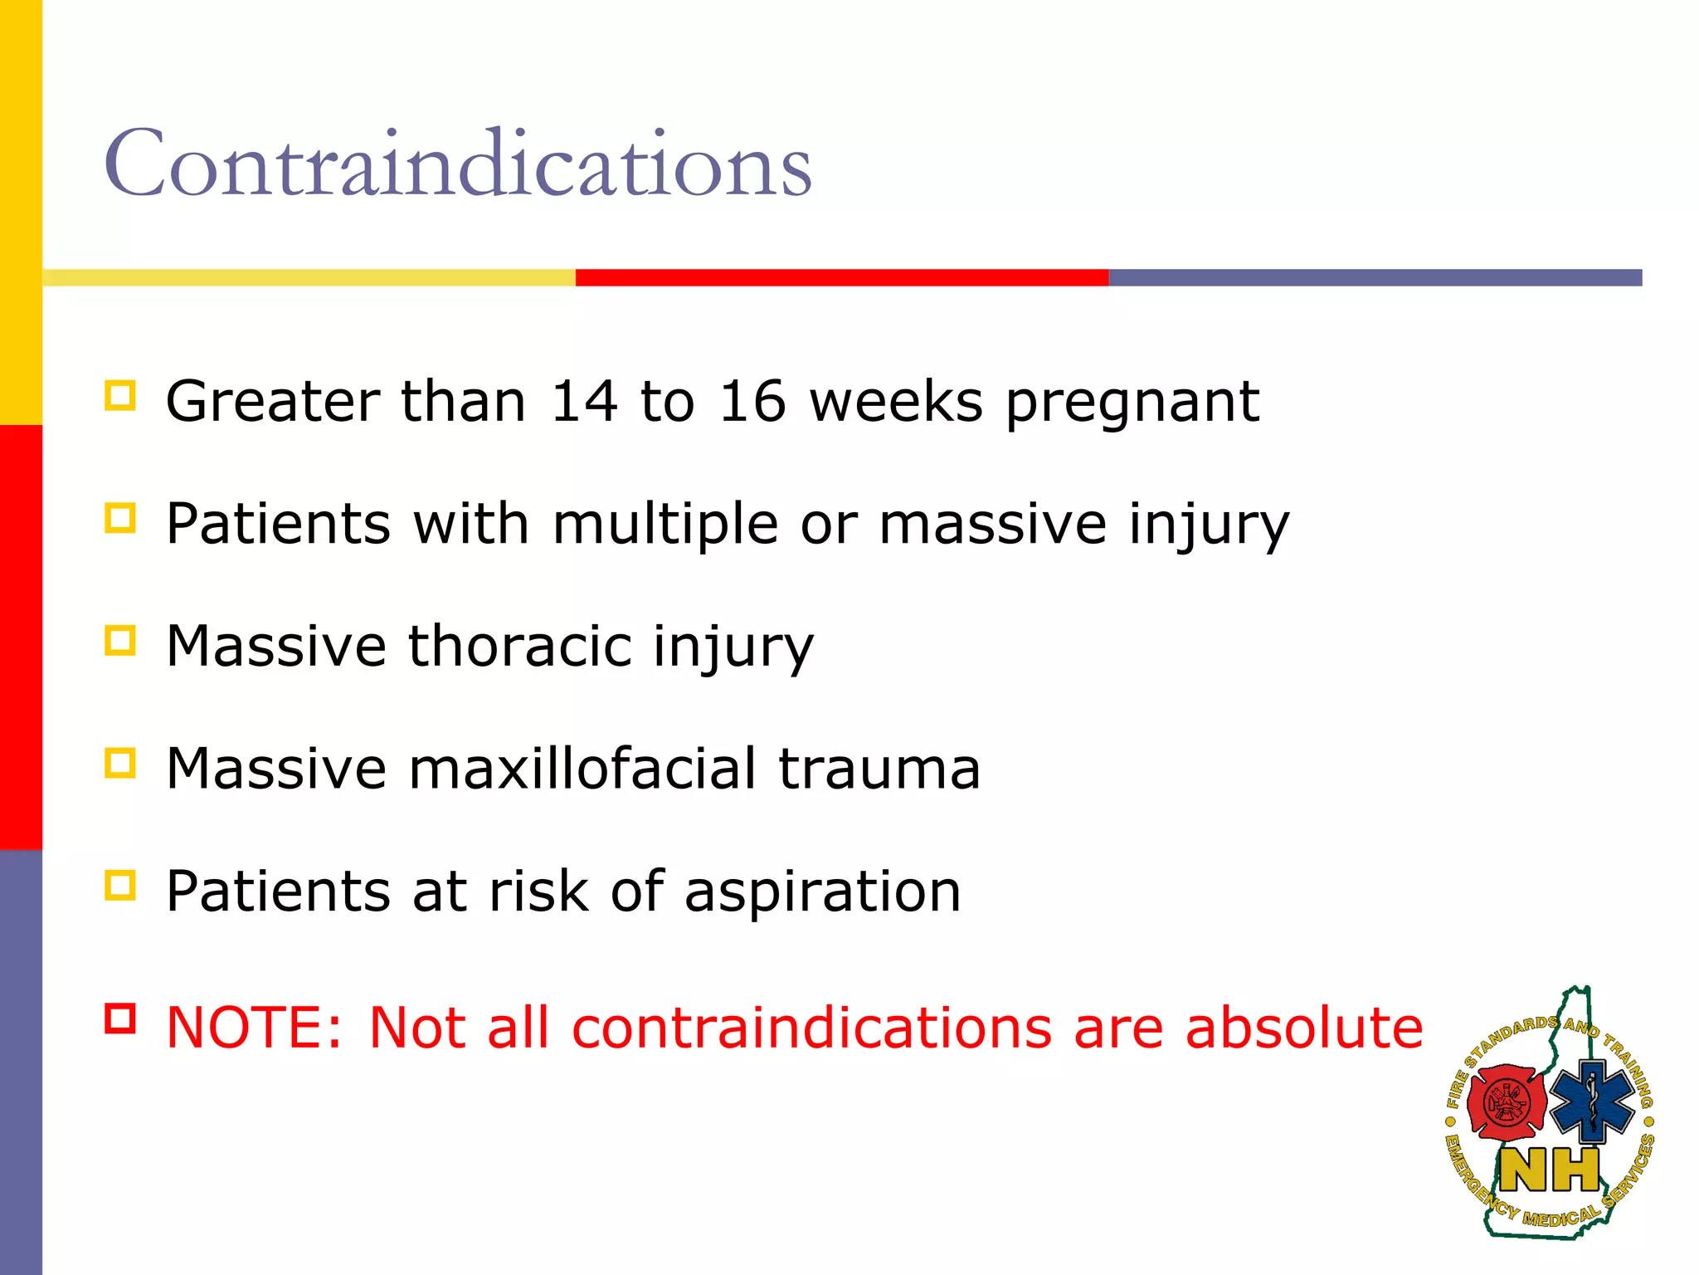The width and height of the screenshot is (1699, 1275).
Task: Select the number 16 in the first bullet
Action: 752,402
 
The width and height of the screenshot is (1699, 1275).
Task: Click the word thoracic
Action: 520,646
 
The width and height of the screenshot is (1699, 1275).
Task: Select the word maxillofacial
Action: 582,768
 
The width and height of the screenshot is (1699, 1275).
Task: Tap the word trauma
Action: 879,769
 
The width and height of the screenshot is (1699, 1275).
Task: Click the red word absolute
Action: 1304,1028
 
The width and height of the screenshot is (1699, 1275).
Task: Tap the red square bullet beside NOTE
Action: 120,1018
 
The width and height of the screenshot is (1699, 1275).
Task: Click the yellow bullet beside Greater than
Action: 120,396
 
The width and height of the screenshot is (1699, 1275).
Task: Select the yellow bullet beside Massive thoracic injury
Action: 120,640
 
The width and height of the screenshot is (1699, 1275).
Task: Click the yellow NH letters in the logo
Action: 1549,1170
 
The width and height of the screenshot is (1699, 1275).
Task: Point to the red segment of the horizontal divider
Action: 841,277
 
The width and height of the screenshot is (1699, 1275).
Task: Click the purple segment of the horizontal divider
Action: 1375,277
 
